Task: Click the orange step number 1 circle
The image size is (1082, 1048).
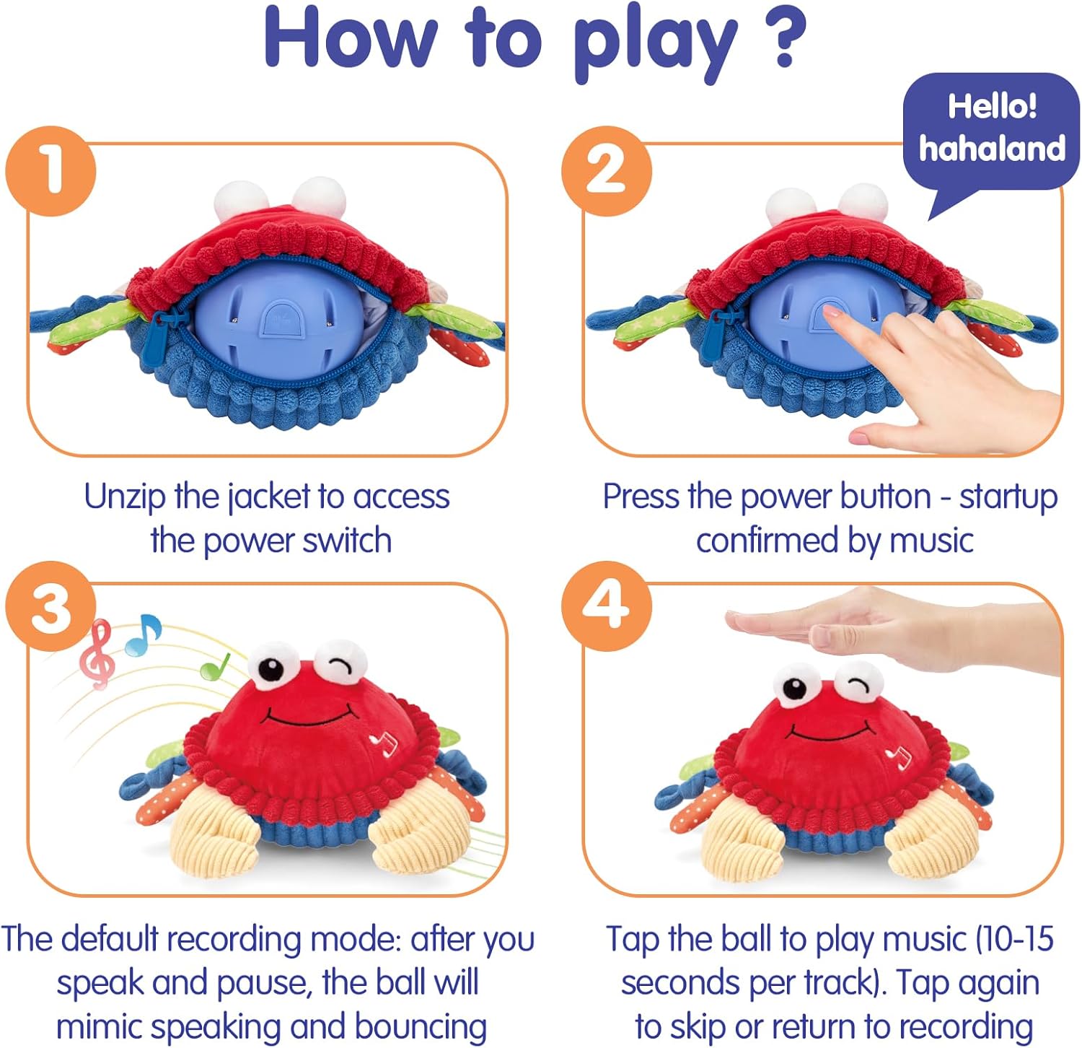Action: pos(50,171)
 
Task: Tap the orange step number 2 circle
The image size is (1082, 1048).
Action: pos(606,171)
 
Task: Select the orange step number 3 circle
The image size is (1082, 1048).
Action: pos(50,606)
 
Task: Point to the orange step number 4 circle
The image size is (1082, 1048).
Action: pos(606,606)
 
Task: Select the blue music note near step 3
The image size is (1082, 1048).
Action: pos(144,635)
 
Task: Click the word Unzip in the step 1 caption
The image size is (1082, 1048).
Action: pos(124,497)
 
